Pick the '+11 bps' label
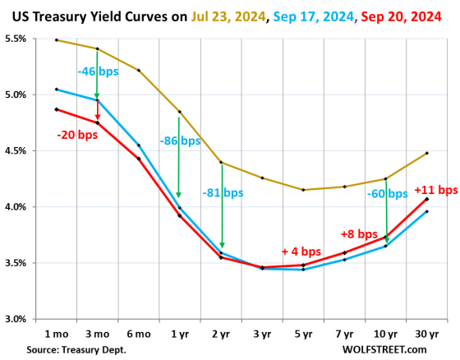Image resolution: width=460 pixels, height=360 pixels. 435,190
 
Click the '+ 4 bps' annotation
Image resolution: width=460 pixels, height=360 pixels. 301,252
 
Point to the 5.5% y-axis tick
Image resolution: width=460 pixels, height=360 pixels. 19,39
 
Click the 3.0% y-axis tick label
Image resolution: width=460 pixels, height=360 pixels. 19,319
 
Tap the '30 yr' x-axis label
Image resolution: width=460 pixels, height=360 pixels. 426,335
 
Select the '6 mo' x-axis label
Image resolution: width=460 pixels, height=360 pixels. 139,335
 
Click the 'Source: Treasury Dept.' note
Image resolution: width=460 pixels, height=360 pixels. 76,349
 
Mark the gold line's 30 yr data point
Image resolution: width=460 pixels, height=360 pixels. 427,153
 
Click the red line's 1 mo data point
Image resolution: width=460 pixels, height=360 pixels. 56,109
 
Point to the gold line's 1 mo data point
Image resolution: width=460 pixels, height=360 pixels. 56,40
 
